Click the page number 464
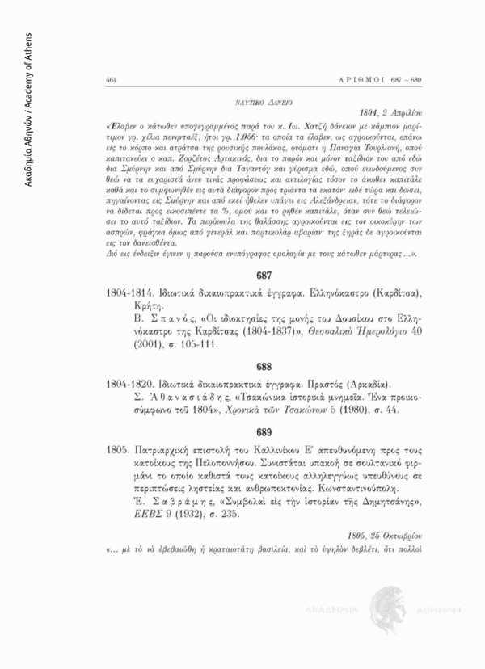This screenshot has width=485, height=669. click(x=112, y=80)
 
